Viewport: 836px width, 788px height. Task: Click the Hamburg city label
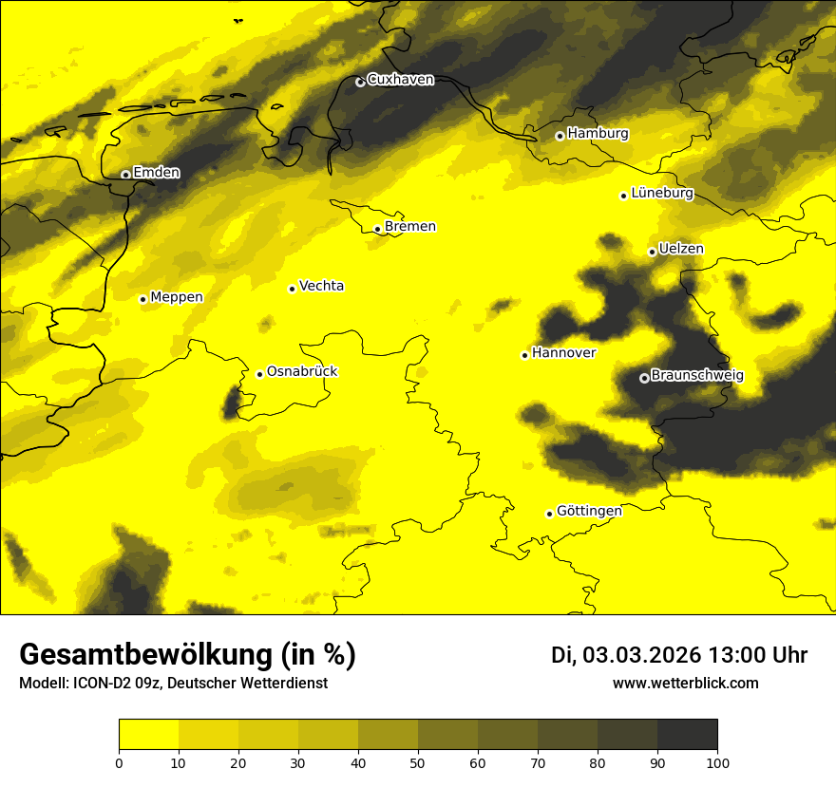tap(598, 134)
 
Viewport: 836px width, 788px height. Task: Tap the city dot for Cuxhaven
tap(360, 83)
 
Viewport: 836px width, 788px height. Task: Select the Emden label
tap(156, 173)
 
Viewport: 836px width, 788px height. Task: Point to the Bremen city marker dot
tap(377, 229)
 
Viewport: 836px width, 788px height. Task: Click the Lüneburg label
tap(661, 193)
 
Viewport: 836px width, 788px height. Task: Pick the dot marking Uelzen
tap(652, 252)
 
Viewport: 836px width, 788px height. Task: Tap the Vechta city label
tap(321, 286)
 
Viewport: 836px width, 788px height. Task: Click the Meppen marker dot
tap(143, 299)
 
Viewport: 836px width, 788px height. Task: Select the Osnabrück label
tap(302, 371)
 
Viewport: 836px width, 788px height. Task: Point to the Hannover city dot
tap(524, 355)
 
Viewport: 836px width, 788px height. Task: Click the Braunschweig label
tap(697, 375)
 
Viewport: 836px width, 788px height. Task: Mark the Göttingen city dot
tap(549, 514)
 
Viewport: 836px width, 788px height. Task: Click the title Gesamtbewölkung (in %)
tap(187, 654)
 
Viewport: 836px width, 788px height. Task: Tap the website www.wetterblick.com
tap(686, 683)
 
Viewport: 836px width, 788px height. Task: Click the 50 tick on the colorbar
tap(418, 761)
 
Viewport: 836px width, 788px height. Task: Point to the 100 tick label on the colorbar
tap(717, 761)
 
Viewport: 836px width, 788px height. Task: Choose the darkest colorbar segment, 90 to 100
tap(687, 735)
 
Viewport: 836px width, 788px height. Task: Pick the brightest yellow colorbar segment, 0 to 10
tap(148, 735)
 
